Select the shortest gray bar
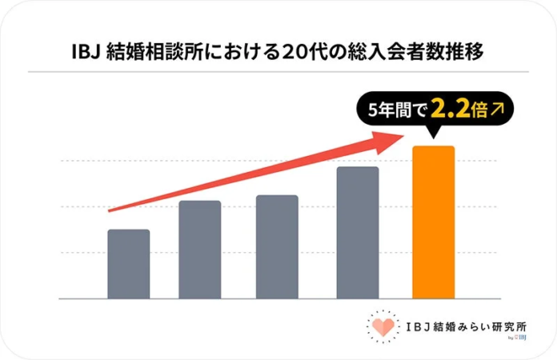(x=128, y=264)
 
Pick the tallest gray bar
(x=357, y=232)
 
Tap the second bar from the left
(x=199, y=250)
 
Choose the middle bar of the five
(x=277, y=246)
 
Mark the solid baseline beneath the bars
(x=278, y=299)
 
